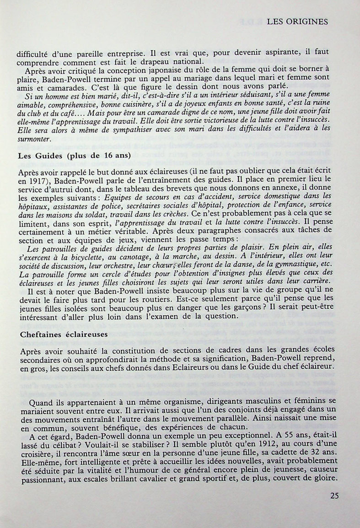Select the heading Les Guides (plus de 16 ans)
click(x=74, y=155)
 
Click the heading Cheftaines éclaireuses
click(x=64, y=334)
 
